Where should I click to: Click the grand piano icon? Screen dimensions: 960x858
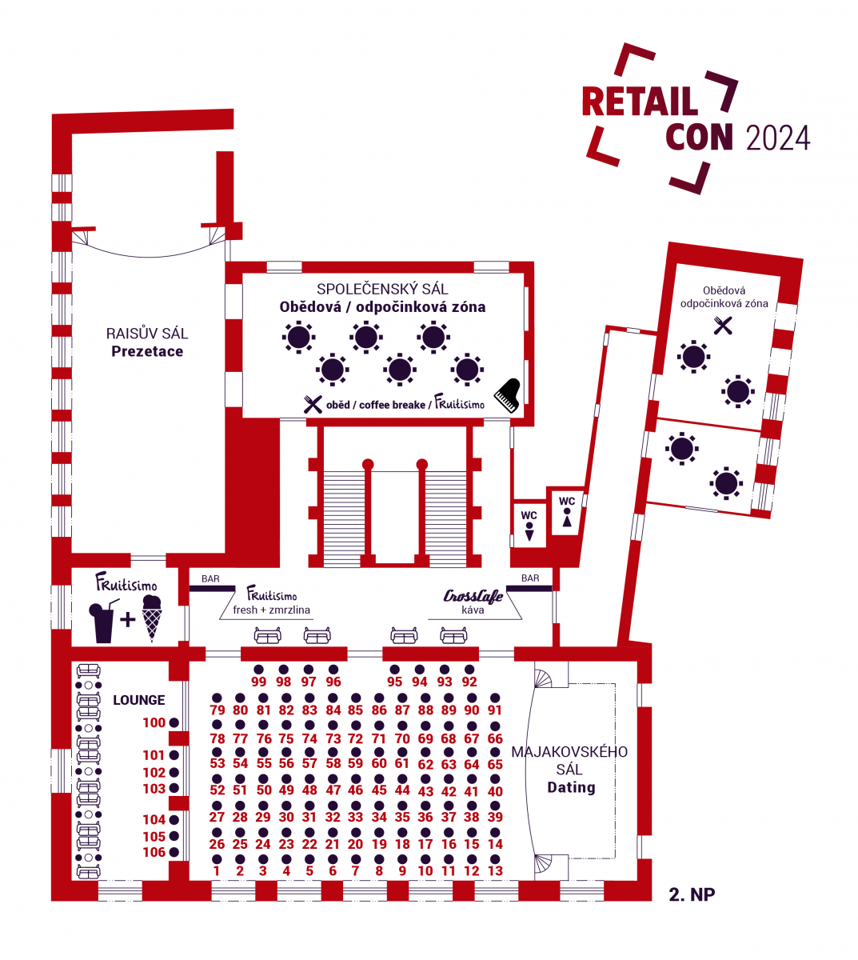[507, 396]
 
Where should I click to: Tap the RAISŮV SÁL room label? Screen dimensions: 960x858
[147, 333]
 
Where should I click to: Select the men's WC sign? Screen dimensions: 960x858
[529, 525]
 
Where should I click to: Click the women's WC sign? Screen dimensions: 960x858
[567, 511]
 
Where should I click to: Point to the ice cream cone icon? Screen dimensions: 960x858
[151, 618]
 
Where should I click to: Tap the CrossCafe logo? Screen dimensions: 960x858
[473, 596]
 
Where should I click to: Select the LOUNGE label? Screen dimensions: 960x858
[138, 700]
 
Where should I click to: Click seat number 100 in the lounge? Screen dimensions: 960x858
[154, 722]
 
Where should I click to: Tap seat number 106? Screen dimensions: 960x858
[154, 852]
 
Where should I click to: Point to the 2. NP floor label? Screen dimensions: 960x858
[692, 894]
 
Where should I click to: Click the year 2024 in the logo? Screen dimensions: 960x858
[777, 138]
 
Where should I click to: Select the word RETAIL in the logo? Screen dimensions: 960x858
[640, 101]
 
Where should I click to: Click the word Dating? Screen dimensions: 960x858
[571, 787]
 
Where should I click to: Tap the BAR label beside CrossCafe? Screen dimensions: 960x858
[530, 578]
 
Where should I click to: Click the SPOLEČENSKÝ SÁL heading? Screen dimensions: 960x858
[382, 289]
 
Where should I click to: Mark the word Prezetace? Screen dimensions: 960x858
[147, 351]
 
